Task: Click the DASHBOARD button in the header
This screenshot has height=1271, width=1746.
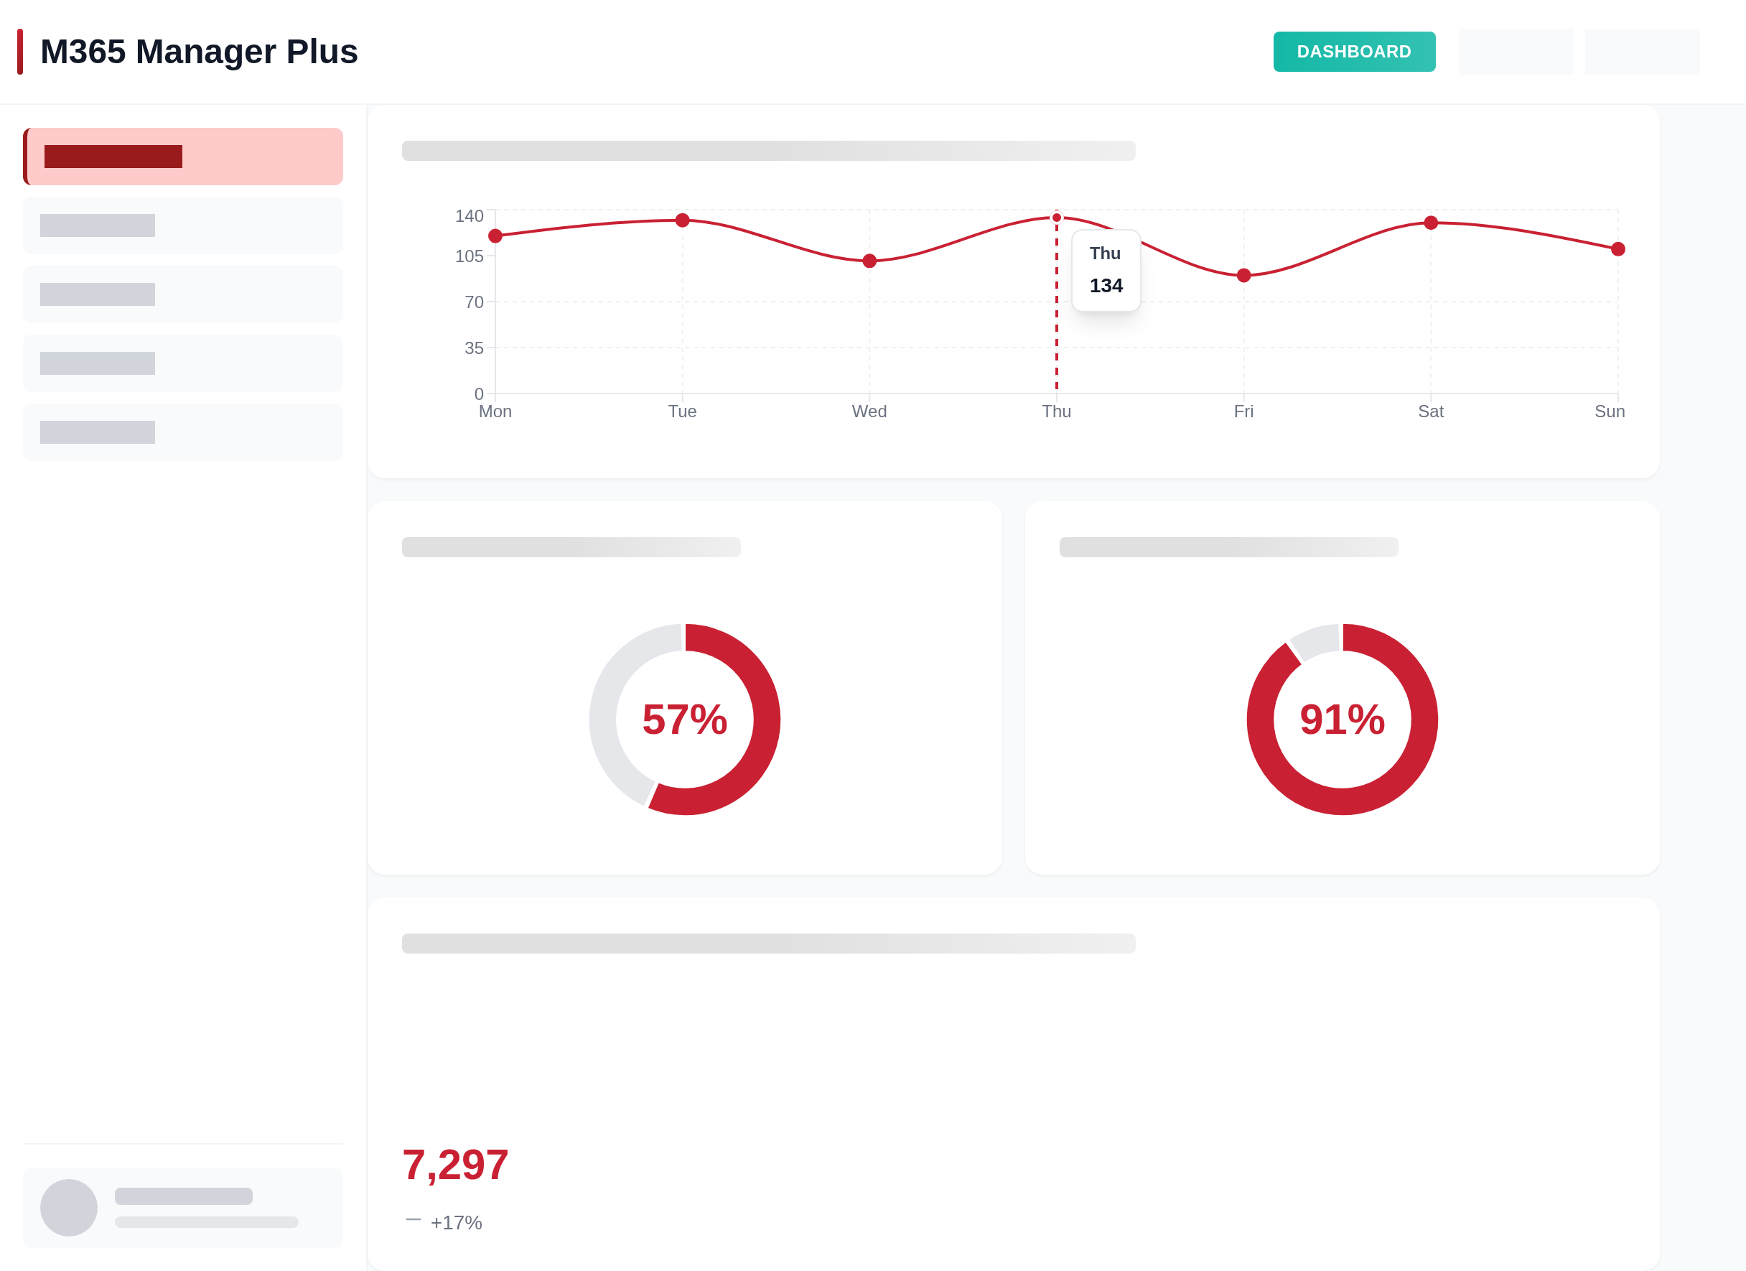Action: click(1353, 52)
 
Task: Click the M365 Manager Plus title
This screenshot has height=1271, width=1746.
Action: click(199, 52)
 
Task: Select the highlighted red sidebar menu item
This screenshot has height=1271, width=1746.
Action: click(183, 157)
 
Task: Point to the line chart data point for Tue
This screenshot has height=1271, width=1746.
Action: click(682, 220)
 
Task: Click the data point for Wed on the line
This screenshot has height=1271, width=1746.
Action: click(869, 261)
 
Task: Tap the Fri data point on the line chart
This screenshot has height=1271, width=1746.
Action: click(1243, 275)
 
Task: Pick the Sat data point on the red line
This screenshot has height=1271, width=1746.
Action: click(1430, 223)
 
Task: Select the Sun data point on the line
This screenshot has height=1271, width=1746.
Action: click(1617, 248)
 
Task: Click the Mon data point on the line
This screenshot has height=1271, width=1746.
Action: click(495, 236)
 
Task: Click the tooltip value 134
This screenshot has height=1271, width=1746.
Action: click(1106, 286)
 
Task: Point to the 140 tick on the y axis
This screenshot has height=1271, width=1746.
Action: click(469, 216)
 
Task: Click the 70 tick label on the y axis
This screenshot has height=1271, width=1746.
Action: click(473, 302)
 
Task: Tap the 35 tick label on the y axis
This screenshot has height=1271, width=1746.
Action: click(473, 348)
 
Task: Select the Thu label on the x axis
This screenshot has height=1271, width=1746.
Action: click(1056, 411)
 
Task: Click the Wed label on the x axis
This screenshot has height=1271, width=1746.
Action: click(869, 411)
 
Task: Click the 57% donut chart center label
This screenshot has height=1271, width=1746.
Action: click(684, 719)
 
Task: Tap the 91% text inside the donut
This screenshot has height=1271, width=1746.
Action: click(1342, 719)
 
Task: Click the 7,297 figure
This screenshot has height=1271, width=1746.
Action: click(455, 1164)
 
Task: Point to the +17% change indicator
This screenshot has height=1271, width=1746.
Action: click(456, 1222)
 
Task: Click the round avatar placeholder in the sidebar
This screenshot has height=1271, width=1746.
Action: click(68, 1207)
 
